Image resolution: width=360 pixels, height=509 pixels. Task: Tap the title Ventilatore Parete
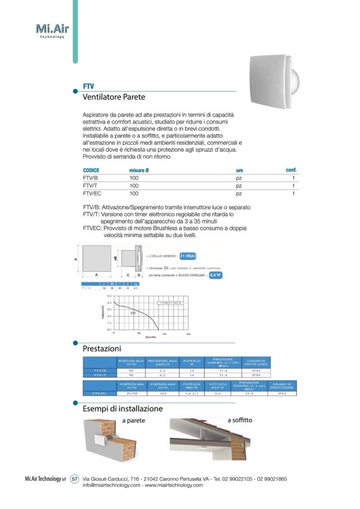pos(114,97)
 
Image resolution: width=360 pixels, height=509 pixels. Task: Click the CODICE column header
pos(91,170)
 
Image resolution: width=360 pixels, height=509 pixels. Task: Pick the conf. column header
pos(291,169)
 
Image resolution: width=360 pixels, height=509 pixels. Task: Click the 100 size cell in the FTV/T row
pos(134,186)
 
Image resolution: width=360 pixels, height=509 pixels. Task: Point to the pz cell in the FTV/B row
pos(239,178)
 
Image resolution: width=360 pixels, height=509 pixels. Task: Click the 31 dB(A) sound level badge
pos(188,256)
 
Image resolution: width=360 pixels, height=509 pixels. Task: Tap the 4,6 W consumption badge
pos(215,275)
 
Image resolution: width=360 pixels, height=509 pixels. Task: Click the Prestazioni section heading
pos(101,349)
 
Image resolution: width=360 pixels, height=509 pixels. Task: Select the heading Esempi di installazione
pos(122,409)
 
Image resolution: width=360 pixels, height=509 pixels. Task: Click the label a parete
pos(133,421)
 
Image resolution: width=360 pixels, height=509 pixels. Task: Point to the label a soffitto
pos(240,420)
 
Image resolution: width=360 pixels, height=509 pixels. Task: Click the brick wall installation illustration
pos(109,440)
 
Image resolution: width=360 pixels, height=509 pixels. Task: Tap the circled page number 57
pos(75,479)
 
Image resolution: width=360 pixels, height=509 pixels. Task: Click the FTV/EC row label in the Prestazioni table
pos(99,394)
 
